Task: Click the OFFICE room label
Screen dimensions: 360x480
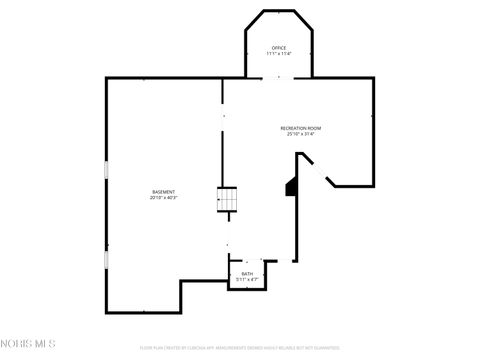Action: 279,47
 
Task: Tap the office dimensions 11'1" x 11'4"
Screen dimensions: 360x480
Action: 279,54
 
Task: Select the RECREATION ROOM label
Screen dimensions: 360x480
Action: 300,128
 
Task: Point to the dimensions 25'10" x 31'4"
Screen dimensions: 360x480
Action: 300,135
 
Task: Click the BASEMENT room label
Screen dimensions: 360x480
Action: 164,191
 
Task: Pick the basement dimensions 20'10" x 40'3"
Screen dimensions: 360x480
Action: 164,198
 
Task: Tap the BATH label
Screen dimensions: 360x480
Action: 247,273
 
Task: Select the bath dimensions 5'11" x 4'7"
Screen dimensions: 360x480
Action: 247,279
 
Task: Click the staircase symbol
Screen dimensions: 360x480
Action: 229,201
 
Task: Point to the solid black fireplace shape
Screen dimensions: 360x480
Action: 291,187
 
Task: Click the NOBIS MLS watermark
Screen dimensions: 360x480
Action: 28,344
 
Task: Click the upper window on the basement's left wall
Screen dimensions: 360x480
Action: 106,171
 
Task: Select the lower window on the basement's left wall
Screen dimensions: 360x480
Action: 106,260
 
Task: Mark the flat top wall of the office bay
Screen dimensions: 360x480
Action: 279,11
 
